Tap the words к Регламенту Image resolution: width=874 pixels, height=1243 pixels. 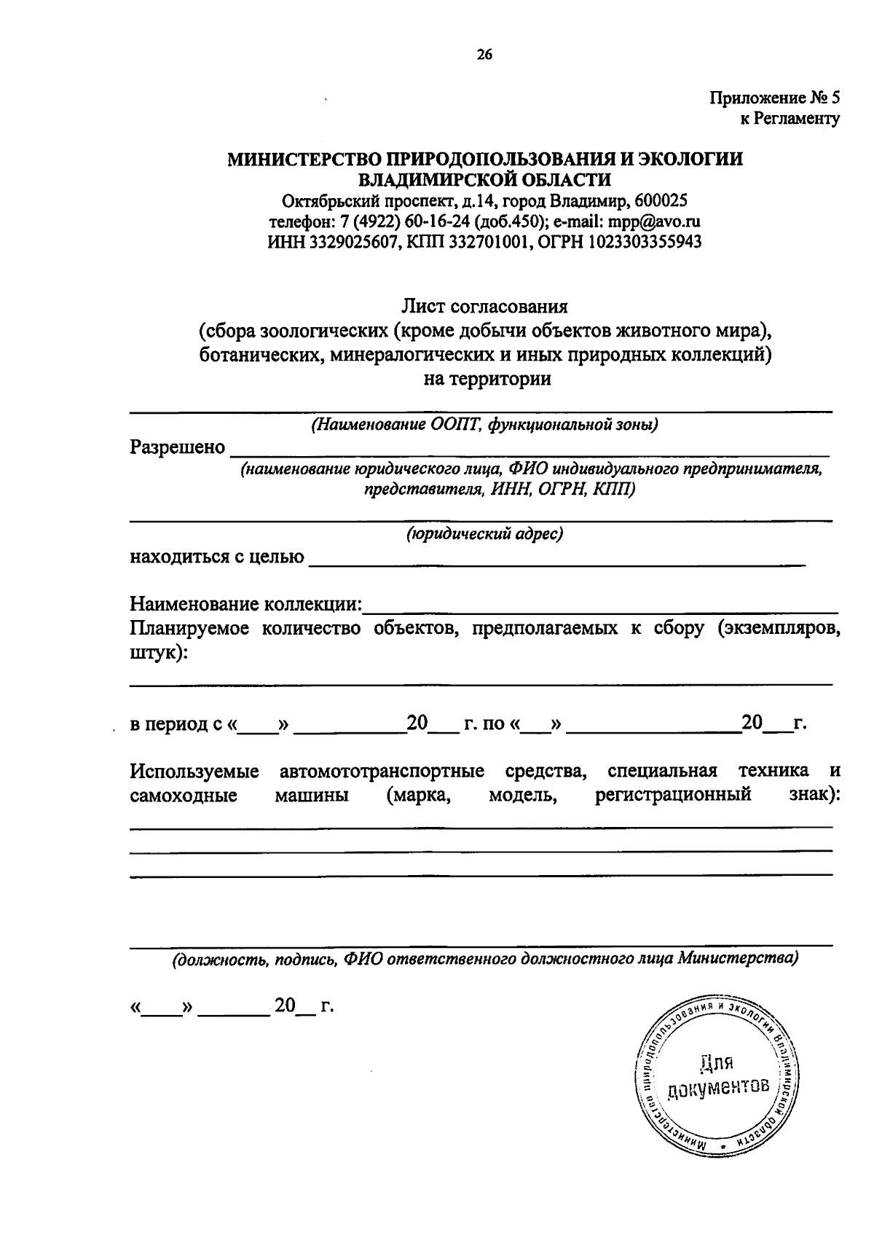click(x=790, y=118)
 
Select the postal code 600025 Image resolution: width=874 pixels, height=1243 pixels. click(x=661, y=200)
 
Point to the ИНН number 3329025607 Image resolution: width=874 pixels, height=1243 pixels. click(x=352, y=241)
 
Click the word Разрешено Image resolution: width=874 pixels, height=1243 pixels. click(x=177, y=447)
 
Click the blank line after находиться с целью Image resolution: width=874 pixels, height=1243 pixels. click(x=557, y=560)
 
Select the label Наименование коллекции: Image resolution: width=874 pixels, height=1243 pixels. click(x=246, y=604)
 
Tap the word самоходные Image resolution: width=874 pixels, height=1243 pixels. click(x=184, y=795)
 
